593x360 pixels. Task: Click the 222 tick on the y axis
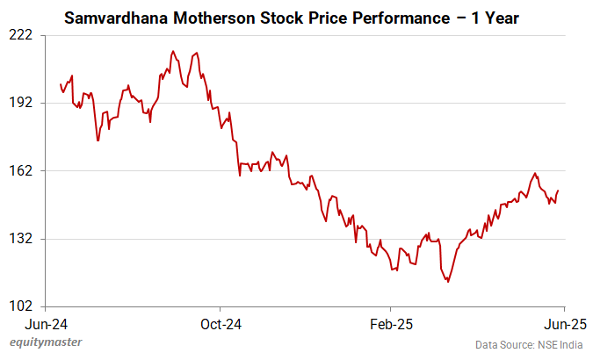pos(20,34)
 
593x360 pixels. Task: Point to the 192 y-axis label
pos(20,102)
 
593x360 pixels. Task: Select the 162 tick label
pos(20,170)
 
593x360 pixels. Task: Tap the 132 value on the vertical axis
pos(20,238)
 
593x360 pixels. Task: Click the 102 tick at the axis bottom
pos(20,306)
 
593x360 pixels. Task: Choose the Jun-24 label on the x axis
pos(47,322)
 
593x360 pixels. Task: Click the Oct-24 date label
pos(221,322)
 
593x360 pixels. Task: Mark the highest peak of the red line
pos(172,52)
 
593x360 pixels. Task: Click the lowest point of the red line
pos(448,282)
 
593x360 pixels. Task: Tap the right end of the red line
pos(558,191)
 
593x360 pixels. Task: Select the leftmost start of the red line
pos(60,84)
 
